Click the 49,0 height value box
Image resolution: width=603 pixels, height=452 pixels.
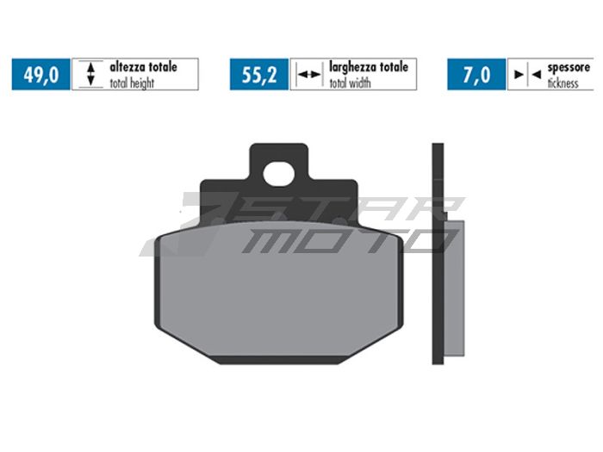[x=41, y=75]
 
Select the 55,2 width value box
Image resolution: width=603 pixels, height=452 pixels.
[x=259, y=75]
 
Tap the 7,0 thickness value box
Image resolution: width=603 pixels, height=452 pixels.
[x=476, y=75]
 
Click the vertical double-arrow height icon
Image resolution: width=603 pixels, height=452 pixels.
[x=91, y=75]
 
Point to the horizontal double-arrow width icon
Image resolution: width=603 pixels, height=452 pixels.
[x=308, y=75]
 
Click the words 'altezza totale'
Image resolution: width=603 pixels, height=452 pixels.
[x=143, y=66]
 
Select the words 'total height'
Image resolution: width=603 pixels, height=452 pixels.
[x=134, y=84]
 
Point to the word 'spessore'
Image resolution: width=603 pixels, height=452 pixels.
[x=569, y=66]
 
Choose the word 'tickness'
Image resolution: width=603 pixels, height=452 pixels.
[x=564, y=84]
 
